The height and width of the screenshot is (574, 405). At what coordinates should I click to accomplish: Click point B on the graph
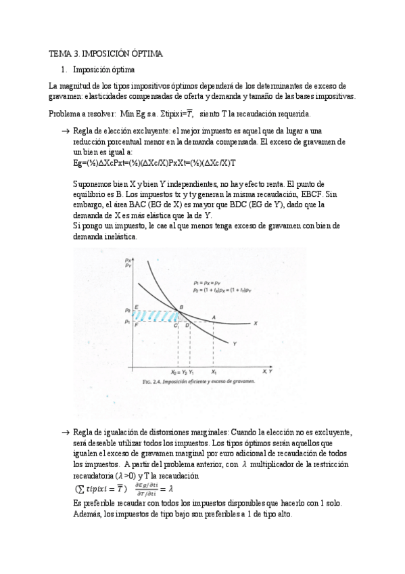pos(181,309)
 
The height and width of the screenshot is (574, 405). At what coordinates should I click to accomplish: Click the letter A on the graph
pos(214,317)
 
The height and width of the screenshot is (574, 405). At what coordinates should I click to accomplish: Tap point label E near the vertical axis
pos(138,307)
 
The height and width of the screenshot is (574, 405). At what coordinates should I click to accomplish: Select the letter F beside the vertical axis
pos(138,325)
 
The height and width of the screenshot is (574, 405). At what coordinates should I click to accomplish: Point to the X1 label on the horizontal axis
pos(214,372)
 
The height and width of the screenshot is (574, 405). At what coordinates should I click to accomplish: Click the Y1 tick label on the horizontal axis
pos(191,372)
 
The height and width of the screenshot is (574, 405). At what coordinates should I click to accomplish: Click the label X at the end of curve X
pos(256,324)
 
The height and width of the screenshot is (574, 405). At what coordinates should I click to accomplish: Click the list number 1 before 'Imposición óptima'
pos(63,70)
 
